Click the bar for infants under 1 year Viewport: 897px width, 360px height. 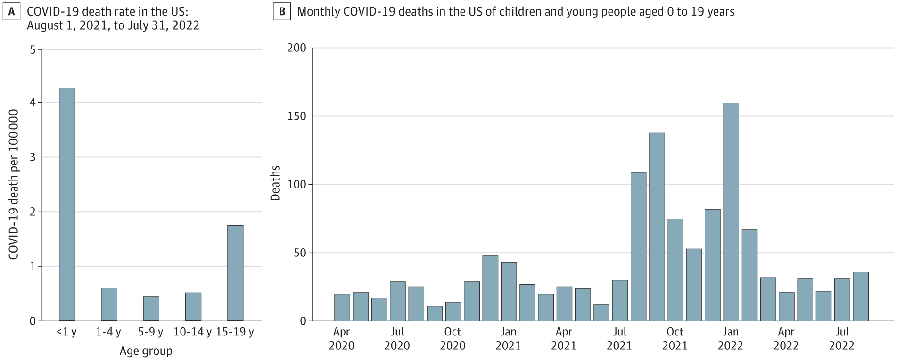[67, 204]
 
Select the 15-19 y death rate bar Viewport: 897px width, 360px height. [235, 273]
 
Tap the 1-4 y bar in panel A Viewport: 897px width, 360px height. [109, 304]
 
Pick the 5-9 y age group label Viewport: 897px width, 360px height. [151, 332]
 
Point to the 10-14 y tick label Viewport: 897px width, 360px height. [193, 332]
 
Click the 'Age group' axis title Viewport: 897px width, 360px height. [146, 351]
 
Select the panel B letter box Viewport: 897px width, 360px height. [282, 12]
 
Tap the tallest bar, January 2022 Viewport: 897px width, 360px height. [731, 212]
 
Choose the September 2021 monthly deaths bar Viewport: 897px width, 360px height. [657, 227]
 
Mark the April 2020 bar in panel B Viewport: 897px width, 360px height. [342, 307]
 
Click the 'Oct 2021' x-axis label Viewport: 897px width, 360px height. [675, 339]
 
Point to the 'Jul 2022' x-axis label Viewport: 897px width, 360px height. [842, 339]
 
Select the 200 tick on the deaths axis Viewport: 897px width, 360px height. [296, 48]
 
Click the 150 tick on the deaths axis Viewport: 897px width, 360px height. [296, 116]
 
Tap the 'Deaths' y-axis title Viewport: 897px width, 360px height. [275, 183]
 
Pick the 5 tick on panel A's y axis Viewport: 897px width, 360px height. [33, 49]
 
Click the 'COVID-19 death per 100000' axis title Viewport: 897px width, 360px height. [13, 184]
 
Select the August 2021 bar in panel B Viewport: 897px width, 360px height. [638, 246]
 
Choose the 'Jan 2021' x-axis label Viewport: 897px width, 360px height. [508, 339]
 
